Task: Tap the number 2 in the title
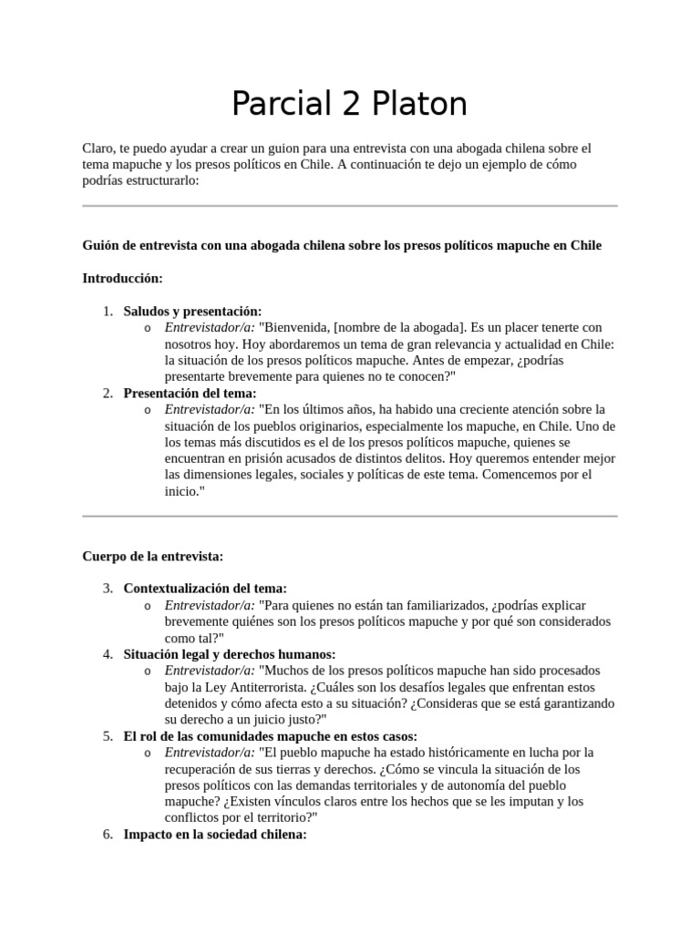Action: point(344,104)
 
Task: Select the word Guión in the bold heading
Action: point(100,246)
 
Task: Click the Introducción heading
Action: point(122,278)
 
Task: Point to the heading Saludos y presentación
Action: point(192,311)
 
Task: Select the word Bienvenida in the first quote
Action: point(294,327)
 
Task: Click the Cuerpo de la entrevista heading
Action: point(153,556)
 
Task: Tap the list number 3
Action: point(108,589)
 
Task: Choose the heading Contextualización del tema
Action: point(205,589)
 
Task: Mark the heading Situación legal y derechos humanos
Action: point(230,654)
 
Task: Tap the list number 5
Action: point(108,736)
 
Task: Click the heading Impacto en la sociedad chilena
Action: point(215,835)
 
